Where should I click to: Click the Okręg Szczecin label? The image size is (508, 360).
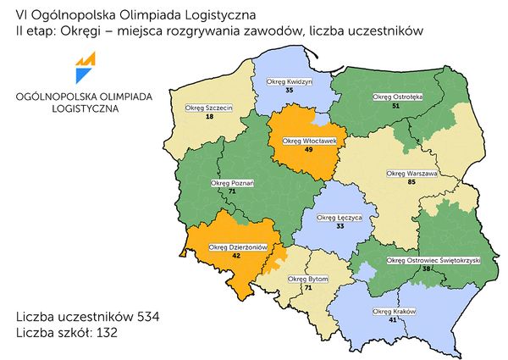pyautogui.click(x=208, y=108)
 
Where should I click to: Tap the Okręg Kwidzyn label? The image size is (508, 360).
pyautogui.click(x=290, y=81)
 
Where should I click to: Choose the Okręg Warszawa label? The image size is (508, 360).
pyautogui.click(x=411, y=174)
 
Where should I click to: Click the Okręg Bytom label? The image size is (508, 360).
pyautogui.click(x=308, y=278)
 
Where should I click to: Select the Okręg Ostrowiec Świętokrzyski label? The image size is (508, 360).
pyautogui.click(x=433, y=260)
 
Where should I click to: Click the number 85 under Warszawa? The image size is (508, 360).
pyautogui.click(x=411, y=182)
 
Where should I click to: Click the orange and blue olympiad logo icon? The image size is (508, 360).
pyautogui.click(x=85, y=64)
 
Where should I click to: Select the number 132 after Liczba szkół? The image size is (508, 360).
pyautogui.click(x=101, y=333)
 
